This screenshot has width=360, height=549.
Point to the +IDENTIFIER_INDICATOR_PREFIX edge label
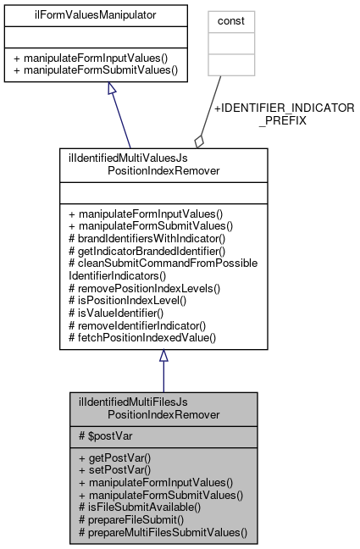(x=283, y=114)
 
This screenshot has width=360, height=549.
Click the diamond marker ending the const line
(x=200, y=139)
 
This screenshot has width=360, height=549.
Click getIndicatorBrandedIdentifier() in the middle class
(x=151, y=252)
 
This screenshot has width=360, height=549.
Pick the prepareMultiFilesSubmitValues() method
(x=162, y=533)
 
